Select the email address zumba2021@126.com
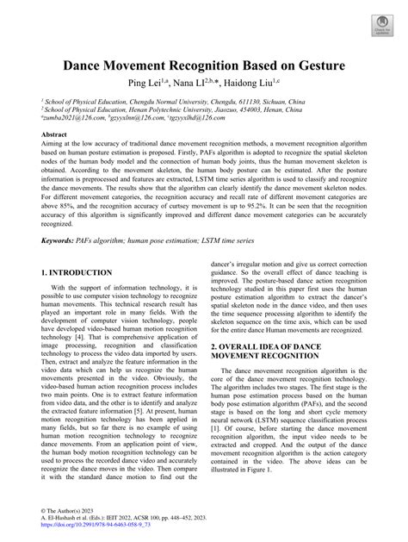[x=73, y=120]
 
